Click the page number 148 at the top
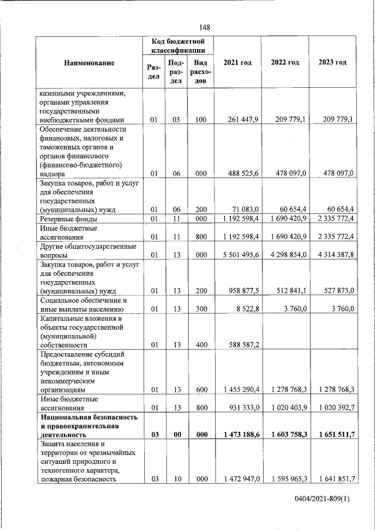coord(204,28)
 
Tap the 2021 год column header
coord(237,63)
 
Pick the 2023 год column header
coord(333,63)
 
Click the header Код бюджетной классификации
coord(178,46)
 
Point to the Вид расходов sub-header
coord(200,71)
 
